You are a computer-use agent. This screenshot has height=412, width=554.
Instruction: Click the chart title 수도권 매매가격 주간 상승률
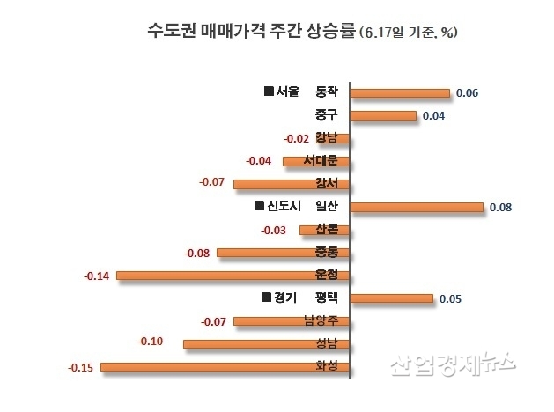click(x=250, y=32)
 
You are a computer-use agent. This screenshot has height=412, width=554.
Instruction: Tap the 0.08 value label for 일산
click(x=499, y=208)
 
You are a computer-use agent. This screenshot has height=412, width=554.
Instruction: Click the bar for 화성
click(x=225, y=366)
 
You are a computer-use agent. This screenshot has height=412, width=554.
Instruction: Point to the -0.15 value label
click(x=81, y=367)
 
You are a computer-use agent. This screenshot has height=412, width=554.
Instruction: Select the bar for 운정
click(x=233, y=276)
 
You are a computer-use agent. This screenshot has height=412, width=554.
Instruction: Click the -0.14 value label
click(x=96, y=276)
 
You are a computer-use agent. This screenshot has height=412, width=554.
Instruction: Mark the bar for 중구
click(x=383, y=115)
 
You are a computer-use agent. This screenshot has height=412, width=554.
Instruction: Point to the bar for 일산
click(x=417, y=208)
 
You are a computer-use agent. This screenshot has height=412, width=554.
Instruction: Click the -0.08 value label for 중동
click(x=197, y=254)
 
